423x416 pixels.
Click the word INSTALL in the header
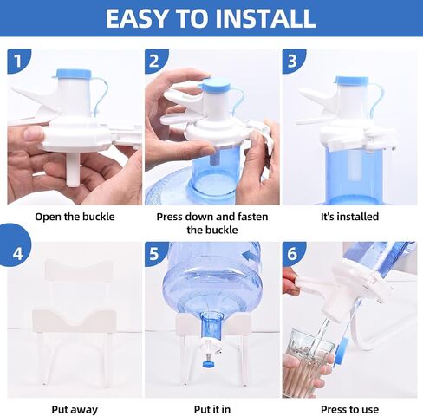coord(266,18)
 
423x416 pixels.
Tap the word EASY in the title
coord(136,18)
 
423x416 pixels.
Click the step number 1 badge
coord(18,61)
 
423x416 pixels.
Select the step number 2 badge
coord(154,61)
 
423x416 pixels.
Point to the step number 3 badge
coord(292,61)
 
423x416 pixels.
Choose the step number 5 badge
coord(154,253)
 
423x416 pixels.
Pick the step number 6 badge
coord(292,253)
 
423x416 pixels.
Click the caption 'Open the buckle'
coord(75,217)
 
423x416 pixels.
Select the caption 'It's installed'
coord(349,217)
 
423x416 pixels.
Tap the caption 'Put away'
coord(75,409)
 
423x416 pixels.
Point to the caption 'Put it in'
coord(212,409)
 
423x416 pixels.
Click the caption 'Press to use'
coord(349,409)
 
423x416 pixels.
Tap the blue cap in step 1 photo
coord(74,74)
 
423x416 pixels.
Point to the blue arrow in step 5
coord(251,256)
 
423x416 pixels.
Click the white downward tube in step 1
coord(73,169)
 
